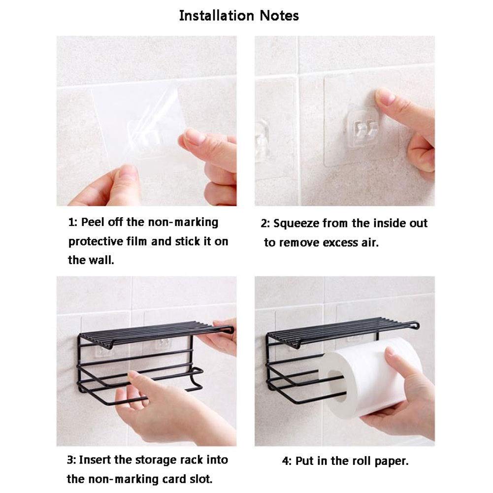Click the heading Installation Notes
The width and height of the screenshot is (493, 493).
click(x=239, y=15)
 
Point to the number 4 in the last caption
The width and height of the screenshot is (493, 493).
click(x=285, y=461)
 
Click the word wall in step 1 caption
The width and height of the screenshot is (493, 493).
click(x=103, y=260)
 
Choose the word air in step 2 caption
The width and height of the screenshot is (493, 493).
click(x=369, y=243)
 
